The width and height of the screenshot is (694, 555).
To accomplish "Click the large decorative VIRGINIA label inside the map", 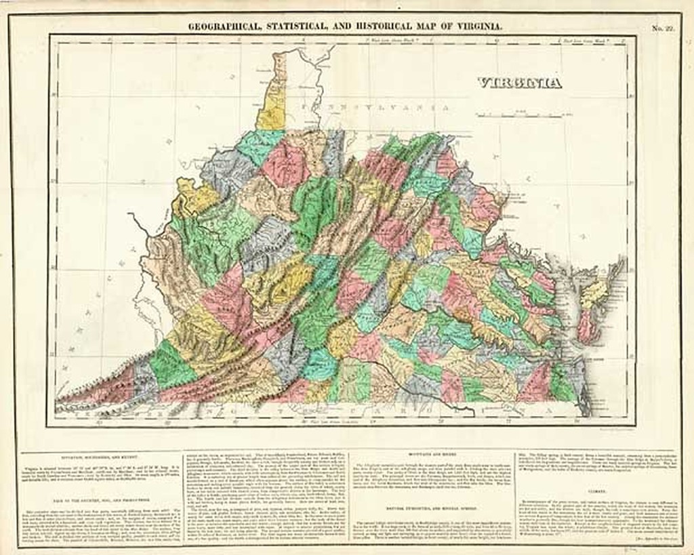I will [519, 83].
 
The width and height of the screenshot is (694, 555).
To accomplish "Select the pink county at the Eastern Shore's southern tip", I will [586, 327].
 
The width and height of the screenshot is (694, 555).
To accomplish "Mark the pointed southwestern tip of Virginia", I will [60, 406].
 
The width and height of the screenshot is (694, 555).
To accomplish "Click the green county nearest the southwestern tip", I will [169, 366].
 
